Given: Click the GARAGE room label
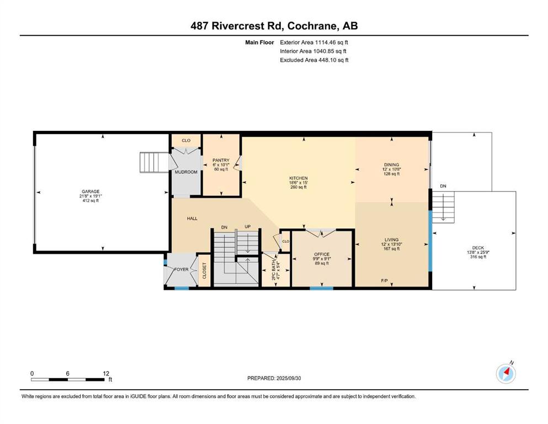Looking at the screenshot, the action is [91, 192].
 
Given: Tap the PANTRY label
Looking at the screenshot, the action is [221, 161].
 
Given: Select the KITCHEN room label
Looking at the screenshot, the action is [298, 178].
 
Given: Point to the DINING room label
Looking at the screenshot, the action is [391, 165].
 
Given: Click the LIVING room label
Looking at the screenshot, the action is [391, 240].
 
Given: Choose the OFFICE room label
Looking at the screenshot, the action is [322, 255].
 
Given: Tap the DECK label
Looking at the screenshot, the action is [478, 248].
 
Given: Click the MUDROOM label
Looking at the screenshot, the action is [186, 172].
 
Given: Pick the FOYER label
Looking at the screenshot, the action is [181, 269].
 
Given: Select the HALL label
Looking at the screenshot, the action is [192, 219].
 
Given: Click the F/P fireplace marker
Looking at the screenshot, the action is [385, 280].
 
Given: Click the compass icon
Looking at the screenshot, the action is [506, 373].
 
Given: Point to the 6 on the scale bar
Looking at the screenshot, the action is [67, 373].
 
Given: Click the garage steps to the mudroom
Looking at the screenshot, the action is [154, 162].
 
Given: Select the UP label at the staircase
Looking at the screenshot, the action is [247, 226].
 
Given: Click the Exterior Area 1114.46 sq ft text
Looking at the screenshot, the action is [314, 43].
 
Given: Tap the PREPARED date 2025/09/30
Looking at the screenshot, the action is [288, 378].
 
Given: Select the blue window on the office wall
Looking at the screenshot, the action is [322, 288].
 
